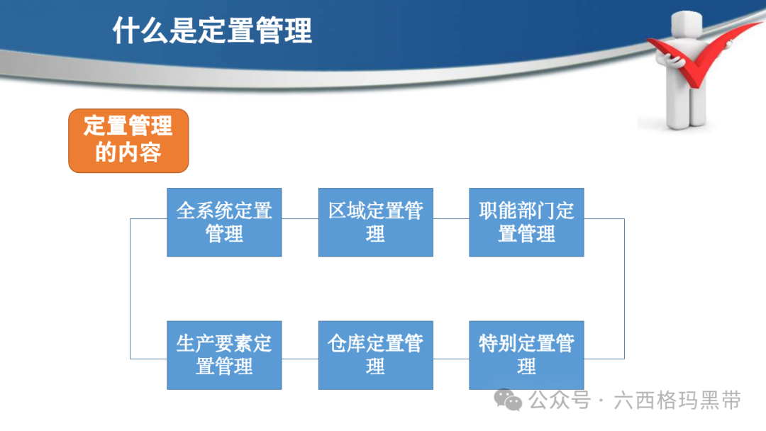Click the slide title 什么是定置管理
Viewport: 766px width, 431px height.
click(x=212, y=30)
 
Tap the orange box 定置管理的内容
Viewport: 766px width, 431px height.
click(x=128, y=140)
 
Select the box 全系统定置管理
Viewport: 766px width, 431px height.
click(x=224, y=222)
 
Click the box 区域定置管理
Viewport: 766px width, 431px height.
click(x=376, y=222)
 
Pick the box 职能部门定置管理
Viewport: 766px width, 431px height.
click(x=526, y=222)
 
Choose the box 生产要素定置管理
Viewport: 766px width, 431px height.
click(x=224, y=355)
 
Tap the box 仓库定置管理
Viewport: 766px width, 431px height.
click(x=376, y=355)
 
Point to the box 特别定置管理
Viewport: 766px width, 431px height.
click(x=526, y=355)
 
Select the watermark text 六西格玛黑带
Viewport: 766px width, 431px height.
click(x=677, y=401)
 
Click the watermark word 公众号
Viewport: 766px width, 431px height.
click(x=560, y=401)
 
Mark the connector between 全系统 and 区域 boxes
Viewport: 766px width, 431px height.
click(x=300, y=218)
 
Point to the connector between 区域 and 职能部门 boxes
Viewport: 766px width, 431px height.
click(x=451, y=218)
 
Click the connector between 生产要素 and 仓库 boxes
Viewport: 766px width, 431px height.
click(x=300, y=359)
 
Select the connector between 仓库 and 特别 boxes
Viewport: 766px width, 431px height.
click(x=451, y=359)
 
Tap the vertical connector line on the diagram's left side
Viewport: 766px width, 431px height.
click(x=131, y=289)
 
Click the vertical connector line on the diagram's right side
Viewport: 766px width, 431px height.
click(x=624, y=289)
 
